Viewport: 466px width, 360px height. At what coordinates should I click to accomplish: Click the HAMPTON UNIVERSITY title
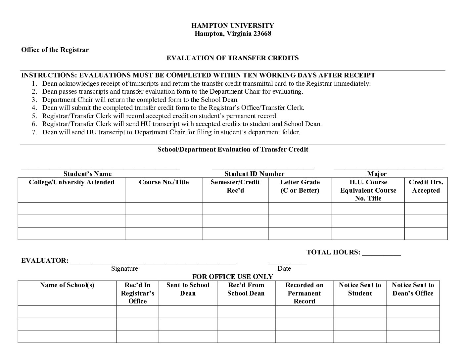coord(233,25)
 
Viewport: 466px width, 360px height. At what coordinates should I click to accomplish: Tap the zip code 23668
coord(262,33)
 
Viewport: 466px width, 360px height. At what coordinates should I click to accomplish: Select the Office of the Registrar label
coord(55,50)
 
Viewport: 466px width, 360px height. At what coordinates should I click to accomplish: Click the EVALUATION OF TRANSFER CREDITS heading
coord(233,58)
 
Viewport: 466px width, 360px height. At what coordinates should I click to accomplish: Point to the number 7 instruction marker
coord(34,132)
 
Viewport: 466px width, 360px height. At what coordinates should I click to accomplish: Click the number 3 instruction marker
coord(34,100)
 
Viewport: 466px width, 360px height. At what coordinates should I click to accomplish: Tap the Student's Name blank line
coord(101,168)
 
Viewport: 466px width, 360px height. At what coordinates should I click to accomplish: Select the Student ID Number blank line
coord(263,168)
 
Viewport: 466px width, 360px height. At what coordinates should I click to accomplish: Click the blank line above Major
coord(388,168)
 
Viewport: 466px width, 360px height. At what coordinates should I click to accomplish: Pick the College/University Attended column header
coord(71,182)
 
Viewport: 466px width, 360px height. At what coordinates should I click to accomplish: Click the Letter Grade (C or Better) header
coord(300,186)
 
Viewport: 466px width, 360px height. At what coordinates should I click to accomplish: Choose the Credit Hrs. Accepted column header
coord(426,186)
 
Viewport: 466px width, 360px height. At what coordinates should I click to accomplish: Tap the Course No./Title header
coord(164,182)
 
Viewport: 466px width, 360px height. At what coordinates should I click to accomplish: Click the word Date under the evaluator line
coord(284,268)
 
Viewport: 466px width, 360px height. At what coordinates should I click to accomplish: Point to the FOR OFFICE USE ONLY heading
coord(233,277)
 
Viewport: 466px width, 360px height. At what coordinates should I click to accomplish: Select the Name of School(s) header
coord(67,285)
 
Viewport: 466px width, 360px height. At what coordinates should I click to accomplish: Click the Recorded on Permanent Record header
coord(304,293)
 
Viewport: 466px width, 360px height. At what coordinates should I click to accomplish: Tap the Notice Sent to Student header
coord(360,289)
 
